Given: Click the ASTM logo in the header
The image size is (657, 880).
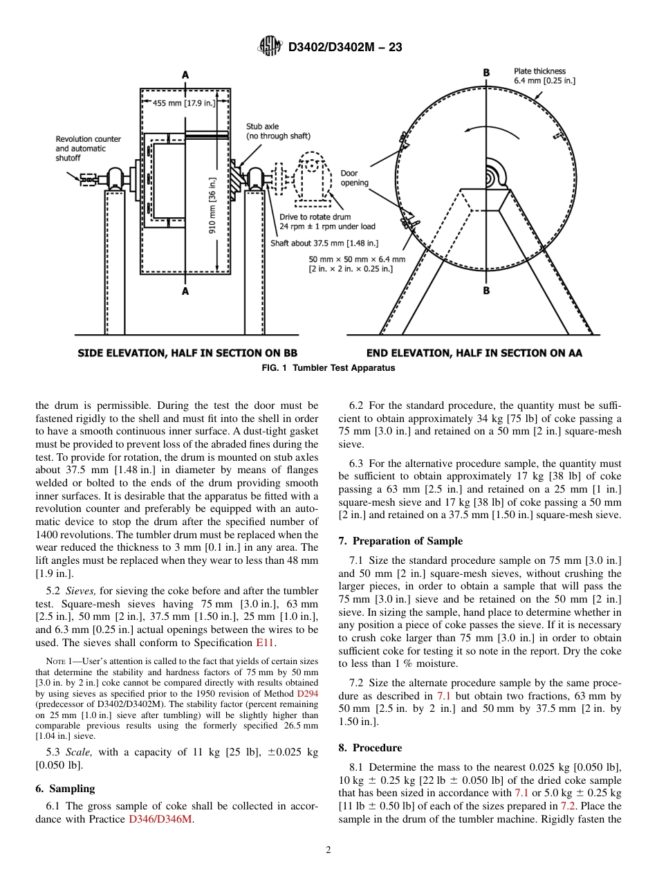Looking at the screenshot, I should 270,46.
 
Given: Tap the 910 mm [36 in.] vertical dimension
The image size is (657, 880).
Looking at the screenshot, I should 213,205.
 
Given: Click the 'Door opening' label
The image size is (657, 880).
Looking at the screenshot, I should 354,178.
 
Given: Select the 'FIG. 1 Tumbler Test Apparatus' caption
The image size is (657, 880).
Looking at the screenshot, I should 328,368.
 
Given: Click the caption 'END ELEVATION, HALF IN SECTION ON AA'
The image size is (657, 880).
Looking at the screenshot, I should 474,353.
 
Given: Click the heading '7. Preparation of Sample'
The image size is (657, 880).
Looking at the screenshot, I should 400,541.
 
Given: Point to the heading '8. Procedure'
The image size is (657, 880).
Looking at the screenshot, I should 370,748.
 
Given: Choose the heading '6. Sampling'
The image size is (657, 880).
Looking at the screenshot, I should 65,789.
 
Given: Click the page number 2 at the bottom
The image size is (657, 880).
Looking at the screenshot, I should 328,850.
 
